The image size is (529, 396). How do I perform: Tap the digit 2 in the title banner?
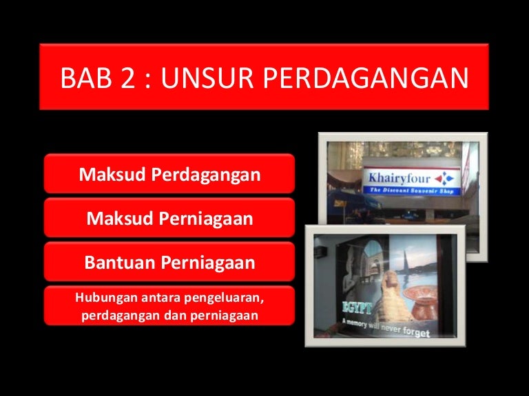128,78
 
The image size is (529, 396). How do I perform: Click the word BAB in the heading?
86,78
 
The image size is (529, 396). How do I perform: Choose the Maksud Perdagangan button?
169,174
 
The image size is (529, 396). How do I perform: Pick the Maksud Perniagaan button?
169,217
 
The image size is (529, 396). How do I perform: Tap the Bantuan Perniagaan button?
169,262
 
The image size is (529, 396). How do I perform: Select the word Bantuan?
120,262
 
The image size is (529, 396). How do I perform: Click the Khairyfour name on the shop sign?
399,179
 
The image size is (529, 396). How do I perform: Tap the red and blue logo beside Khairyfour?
444,179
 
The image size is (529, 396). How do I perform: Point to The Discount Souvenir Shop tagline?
412,190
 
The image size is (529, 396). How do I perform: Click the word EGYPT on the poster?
357,307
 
